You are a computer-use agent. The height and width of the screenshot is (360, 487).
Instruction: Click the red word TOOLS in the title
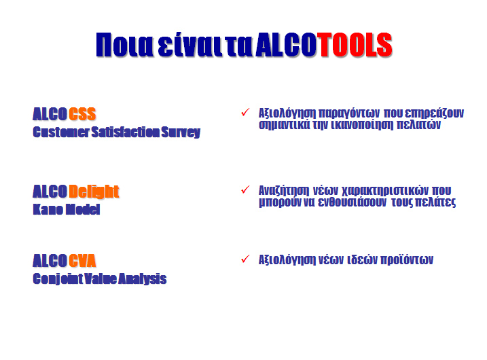355,44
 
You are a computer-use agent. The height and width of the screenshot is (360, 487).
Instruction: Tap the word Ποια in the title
124,45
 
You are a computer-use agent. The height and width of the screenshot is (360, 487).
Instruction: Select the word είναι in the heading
190,45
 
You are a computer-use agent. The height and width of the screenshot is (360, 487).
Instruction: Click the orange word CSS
82,114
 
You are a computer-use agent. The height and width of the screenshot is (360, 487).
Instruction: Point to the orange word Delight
94,192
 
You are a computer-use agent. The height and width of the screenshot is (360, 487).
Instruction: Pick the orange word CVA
82,261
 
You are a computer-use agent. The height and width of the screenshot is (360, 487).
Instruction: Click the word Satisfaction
126,132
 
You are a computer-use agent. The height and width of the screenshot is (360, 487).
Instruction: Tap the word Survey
181,132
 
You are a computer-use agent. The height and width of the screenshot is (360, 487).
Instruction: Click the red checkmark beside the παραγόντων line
245,112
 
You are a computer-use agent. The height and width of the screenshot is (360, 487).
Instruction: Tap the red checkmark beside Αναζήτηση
245,189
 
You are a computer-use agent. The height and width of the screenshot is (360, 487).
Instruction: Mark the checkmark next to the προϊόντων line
245,258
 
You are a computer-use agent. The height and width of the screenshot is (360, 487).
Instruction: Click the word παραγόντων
349,113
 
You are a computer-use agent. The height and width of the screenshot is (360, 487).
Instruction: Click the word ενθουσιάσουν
353,202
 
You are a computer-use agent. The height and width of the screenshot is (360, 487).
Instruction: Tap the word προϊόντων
407,259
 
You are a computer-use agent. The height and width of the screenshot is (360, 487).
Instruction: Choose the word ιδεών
362,259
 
